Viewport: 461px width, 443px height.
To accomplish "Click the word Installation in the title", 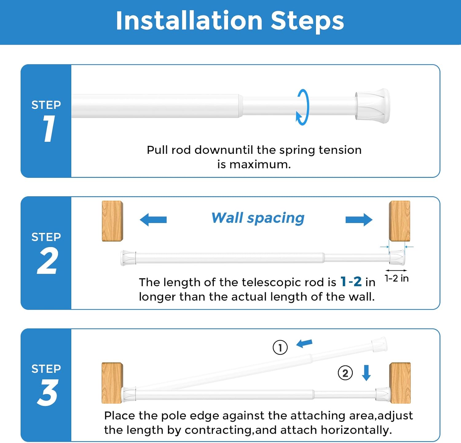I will tap(189, 21).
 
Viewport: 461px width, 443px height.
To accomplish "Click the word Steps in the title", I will tap(307, 21).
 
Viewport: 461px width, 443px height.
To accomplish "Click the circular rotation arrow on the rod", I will tap(303, 107).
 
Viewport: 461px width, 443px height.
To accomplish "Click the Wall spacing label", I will tap(258, 218).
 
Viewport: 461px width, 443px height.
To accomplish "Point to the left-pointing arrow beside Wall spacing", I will tap(153, 220).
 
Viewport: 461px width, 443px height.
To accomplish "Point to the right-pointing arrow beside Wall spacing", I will tap(359, 220).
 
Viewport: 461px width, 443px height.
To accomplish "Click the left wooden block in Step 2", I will tap(112, 221).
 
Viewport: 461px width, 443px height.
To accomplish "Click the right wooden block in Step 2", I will tap(400, 221).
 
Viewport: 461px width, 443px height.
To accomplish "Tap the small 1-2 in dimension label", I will tap(396, 278).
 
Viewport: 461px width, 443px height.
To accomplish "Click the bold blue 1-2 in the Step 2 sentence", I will tap(351, 282).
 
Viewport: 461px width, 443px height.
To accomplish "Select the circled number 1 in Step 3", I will tap(280, 347).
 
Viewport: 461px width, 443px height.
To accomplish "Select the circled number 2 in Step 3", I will tap(345, 373).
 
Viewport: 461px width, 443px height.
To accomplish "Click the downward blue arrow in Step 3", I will tap(366, 373).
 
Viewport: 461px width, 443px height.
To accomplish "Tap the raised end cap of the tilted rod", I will tap(379, 345).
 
